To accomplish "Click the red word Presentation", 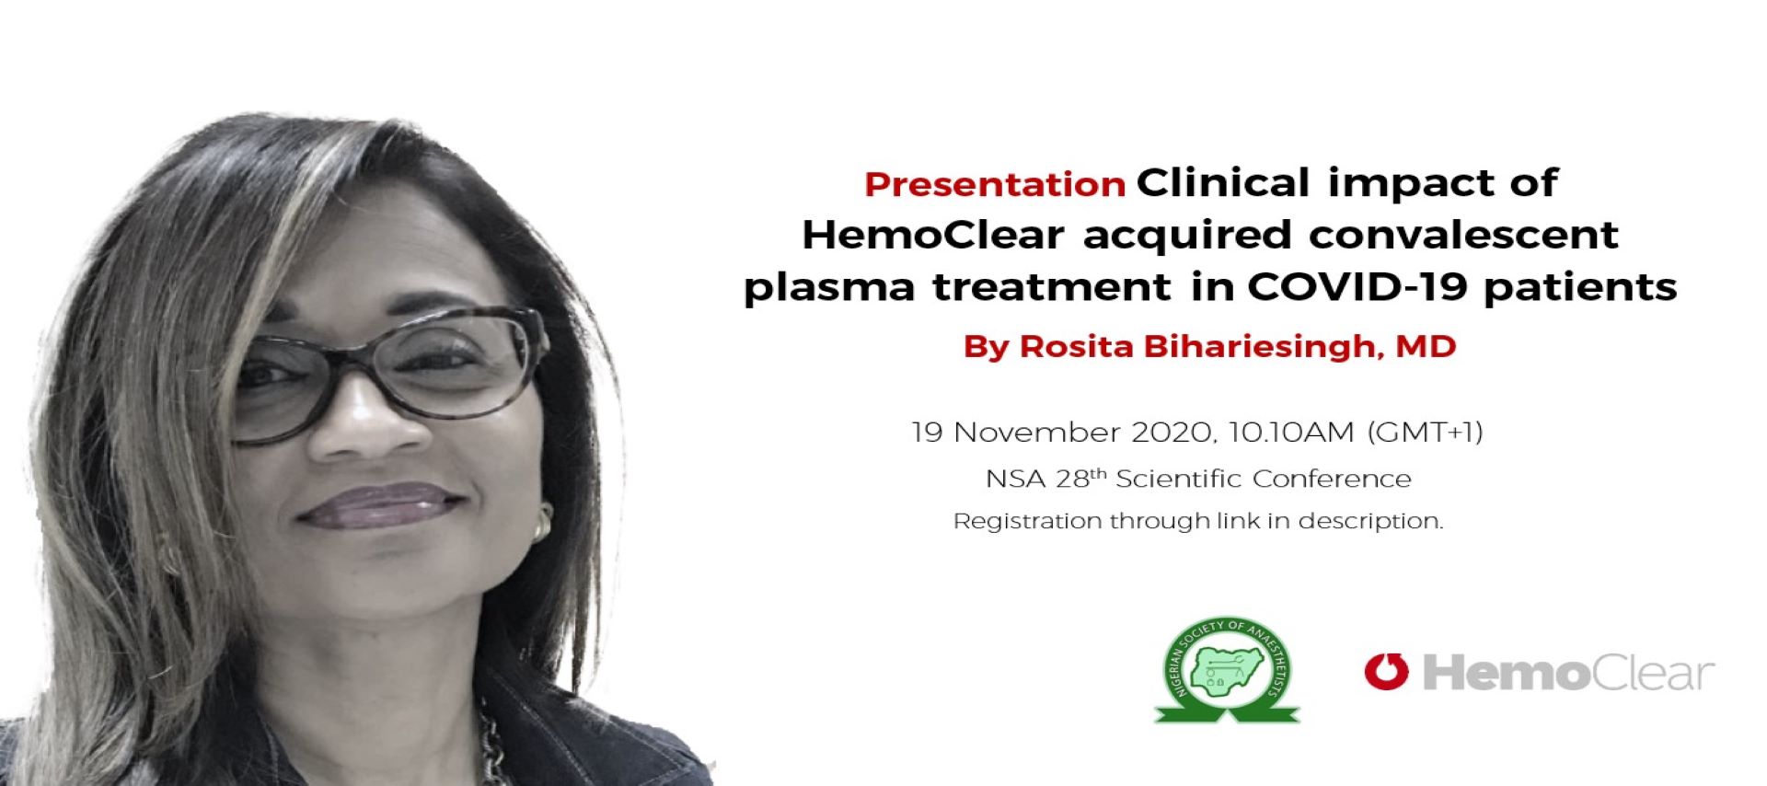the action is pos(995,184).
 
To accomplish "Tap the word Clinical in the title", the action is pos(1223,182).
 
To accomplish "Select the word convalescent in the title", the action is pos(1464,235).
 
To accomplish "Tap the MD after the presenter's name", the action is pos(1426,346).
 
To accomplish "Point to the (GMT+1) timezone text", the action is pos(1426,432).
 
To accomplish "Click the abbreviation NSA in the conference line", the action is pos(1016,479).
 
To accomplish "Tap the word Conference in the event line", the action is pos(1332,479).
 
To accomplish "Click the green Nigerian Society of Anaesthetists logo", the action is pos(1227,670).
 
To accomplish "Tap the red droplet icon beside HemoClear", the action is pos(1386,671).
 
